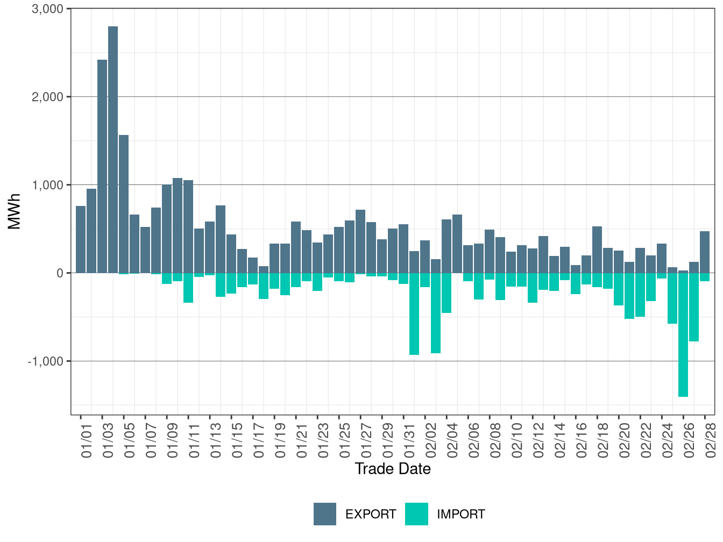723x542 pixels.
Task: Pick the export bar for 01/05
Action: click(124, 204)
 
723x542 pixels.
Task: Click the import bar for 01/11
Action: click(188, 288)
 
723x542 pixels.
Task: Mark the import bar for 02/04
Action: click(446, 293)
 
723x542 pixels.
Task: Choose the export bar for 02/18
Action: click(597, 249)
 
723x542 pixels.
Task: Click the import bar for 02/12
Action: click(533, 288)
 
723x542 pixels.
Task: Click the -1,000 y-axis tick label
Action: click(46, 361)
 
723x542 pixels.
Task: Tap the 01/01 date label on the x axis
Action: click(87, 441)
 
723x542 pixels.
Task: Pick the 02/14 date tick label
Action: click(560, 441)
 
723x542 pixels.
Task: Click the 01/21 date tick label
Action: click(302, 441)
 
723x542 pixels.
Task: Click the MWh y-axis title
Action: click(15, 211)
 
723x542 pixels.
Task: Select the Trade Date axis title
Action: click(393, 469)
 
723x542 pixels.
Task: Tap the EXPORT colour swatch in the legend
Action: click(325, 514)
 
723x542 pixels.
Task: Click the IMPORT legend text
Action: click(461, 515)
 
